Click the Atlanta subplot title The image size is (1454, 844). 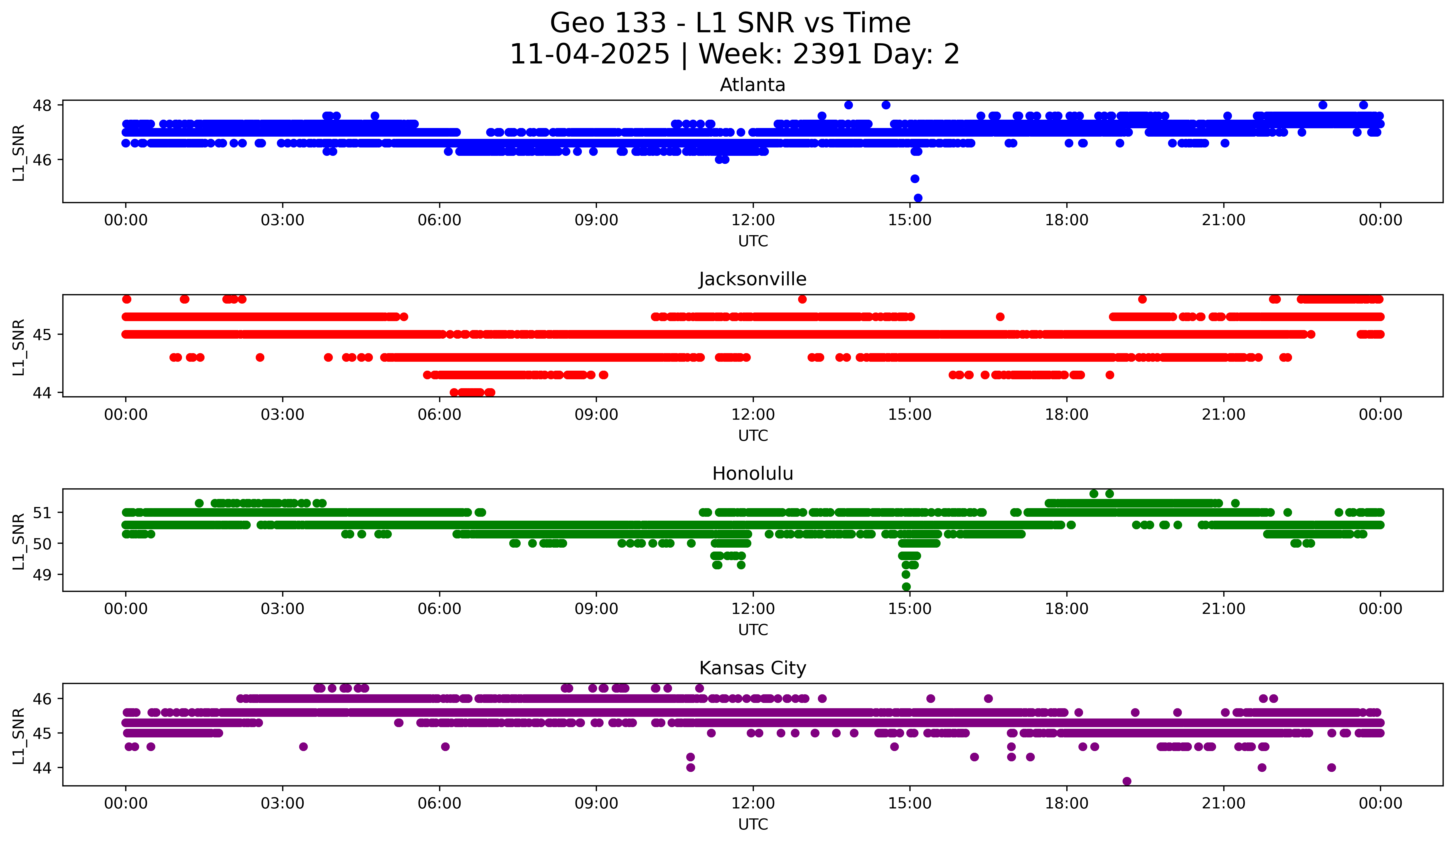[x=752, y=85]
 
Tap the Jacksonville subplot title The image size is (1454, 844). [x=752, y=279]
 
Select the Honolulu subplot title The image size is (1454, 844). [x=752, y=474]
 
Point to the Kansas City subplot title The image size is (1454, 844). [x=752, y=668]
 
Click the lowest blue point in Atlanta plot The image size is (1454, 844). [x=918, y=198]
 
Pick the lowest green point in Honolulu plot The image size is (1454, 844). [x=906, y=587]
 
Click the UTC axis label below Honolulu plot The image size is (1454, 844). [x=752, y=630]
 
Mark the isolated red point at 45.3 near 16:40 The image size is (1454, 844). [x=1000, y=317]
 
